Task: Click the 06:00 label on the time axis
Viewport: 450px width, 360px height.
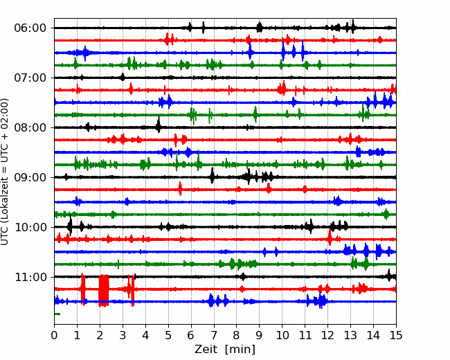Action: coord(30,28)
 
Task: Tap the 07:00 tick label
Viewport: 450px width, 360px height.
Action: coord(30,78)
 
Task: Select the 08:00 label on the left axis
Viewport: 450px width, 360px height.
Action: coord(30,127)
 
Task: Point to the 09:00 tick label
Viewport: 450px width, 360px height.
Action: coord(30,177)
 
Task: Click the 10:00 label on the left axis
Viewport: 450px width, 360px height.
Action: coord(30,227)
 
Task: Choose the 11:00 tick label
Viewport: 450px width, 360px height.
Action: coord(30,277)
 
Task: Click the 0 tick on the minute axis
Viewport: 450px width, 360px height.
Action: coord(54,335)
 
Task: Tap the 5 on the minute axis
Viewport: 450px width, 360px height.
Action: coord(168,335)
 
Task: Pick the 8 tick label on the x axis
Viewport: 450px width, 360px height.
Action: coord(237,335)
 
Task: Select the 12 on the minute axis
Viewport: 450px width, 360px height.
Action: coord(327,335)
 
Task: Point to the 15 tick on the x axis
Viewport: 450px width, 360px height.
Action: coord(396,335)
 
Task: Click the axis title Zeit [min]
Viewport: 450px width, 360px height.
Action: coord(225,349)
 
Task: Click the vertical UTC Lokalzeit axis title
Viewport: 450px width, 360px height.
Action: coord(4,172)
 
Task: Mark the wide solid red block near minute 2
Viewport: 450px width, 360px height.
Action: coord(104,291)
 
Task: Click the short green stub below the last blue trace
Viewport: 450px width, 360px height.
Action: coord(57,314)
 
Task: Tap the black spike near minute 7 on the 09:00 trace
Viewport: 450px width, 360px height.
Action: coord(212,176)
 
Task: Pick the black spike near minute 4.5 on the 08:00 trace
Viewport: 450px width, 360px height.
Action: coord(159,125)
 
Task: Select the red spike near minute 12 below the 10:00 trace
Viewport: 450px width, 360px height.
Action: coord(330,237)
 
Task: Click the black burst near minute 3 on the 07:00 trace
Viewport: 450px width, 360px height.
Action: coord(123,77)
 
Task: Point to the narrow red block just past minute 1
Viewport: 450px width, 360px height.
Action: coord(83,289)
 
